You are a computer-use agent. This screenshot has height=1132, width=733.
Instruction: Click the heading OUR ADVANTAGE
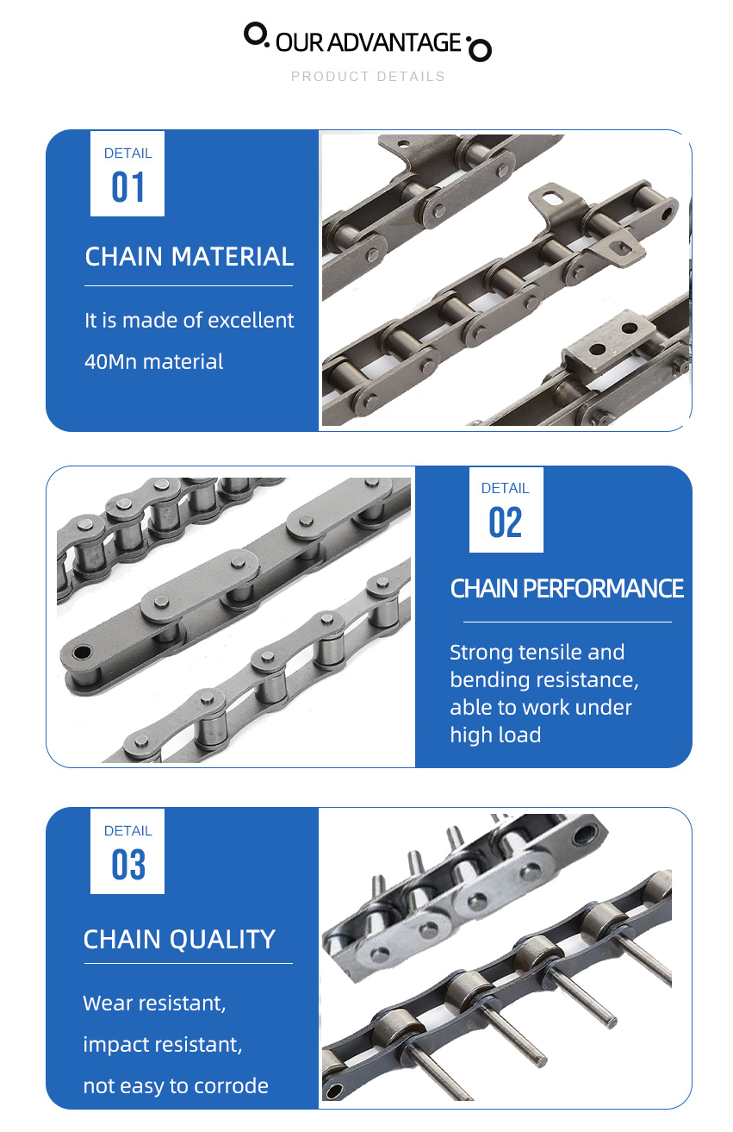tap(368, 42)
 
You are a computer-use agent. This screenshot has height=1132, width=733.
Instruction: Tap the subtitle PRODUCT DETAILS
tap(368, 77)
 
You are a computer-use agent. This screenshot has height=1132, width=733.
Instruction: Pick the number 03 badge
tap(127, 865)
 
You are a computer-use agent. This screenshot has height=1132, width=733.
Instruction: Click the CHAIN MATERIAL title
tap(189, 256)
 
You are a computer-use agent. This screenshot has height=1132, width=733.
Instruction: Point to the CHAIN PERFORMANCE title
tap(567, 589)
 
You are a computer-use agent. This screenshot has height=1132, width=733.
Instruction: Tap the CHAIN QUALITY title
tap(179, 939)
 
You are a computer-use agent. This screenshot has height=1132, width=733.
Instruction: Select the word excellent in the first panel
tap(253, 320)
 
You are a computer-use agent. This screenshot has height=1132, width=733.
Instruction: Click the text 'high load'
tap(495, 735)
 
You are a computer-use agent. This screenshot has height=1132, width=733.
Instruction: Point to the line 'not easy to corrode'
tap(176, 1085)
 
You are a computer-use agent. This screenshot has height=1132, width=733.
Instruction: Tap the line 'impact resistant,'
tap(163, 1044)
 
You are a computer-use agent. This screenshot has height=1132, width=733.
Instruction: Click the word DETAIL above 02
tap(506, 488)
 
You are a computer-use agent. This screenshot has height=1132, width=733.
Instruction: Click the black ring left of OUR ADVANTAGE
tap(255, 34)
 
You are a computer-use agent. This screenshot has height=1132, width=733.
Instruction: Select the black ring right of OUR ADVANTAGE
tap(480, 50)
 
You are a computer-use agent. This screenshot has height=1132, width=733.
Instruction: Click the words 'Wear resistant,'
tap(154, 1003)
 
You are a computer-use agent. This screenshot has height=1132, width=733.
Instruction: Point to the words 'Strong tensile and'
tap(537, 652)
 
